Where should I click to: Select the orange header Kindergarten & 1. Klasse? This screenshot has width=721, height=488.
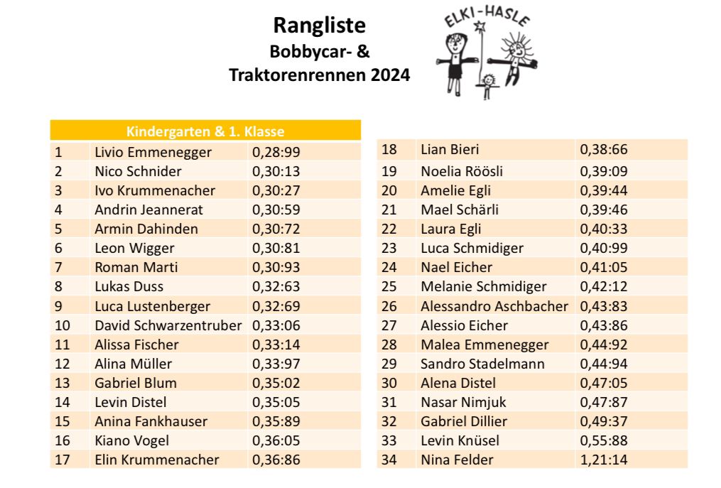[x=205, y=131]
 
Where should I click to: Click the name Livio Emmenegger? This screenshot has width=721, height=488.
[x=153, y=152]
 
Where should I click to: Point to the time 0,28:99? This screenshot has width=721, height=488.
[x=276, y=152]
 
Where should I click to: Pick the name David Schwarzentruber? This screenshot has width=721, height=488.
[x=168, y=325]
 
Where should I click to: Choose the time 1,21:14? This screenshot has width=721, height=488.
[x=604, y=460]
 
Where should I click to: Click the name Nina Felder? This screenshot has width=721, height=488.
[x=457, y=460]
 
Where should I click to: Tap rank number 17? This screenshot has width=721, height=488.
[x=63, y=460]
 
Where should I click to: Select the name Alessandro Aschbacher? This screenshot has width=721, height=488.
[x=494, y=306]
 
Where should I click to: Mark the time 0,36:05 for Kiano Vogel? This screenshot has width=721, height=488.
[x=276, y=440]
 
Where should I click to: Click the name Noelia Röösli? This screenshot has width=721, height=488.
[x=462, y=171]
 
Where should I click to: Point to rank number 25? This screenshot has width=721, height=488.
[x=389, y=287]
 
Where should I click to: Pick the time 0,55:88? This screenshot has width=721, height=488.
[x=604, y=440]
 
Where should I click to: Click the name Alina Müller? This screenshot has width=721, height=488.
[x=134, y=364]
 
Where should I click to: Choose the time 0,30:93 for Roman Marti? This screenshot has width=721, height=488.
[x=276, y=267]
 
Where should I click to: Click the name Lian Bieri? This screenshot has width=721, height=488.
[x=450, y=150]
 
